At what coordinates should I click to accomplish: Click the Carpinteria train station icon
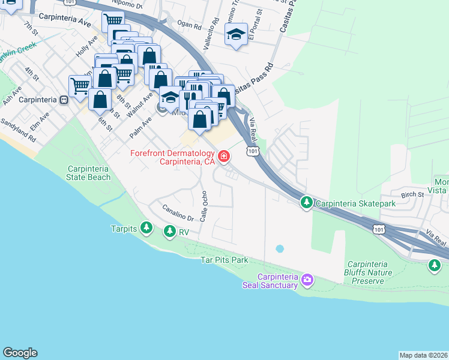63,100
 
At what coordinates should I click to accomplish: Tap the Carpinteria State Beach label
89,173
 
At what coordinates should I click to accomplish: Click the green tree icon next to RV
170,230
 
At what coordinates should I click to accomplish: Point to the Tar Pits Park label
224,260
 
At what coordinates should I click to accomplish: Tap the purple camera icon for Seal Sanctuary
307,279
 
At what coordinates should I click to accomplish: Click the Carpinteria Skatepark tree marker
306,203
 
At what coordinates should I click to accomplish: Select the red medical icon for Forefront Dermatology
224,157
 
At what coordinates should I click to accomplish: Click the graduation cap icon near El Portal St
236,35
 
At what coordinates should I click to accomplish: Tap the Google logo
20,353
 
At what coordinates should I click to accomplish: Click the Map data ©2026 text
423,355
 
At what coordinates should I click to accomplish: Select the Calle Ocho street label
205,205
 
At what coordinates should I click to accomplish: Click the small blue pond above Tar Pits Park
279,248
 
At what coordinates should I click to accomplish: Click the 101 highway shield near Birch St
378,229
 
